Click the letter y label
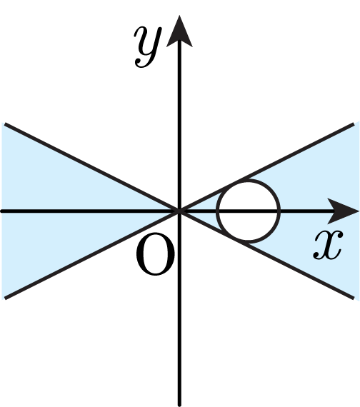click(148, 46)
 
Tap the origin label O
click(155, 254)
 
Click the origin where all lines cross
click(179, 211)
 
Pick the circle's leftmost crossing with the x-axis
click(218, 211)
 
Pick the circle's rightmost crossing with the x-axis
click(279, 211)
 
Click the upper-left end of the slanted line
click(5, 124)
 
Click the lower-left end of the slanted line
click(5, 298)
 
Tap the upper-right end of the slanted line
click(354, 124)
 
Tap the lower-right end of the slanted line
click(354, 298)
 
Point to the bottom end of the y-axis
click(179, 405)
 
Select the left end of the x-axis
click(1, 211)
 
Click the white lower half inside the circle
click(249, 226)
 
